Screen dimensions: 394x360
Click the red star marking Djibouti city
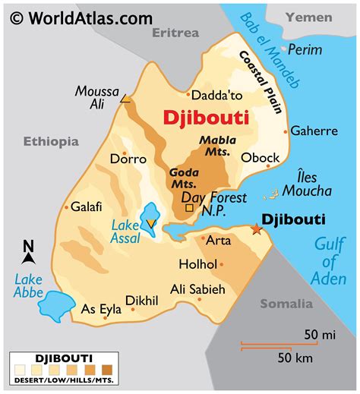[x=256, y=229]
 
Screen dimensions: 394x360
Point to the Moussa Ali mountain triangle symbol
[x=125, y=98]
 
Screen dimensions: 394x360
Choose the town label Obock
[x=261, y=158]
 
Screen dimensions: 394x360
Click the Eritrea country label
[x=175, y=33]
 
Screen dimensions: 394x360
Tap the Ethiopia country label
[x=51, y=141]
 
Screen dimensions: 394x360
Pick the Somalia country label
[x=286, y=304]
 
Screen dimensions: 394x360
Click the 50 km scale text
[x=296, y=357]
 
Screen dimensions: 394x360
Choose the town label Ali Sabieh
[x=197, y=289]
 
